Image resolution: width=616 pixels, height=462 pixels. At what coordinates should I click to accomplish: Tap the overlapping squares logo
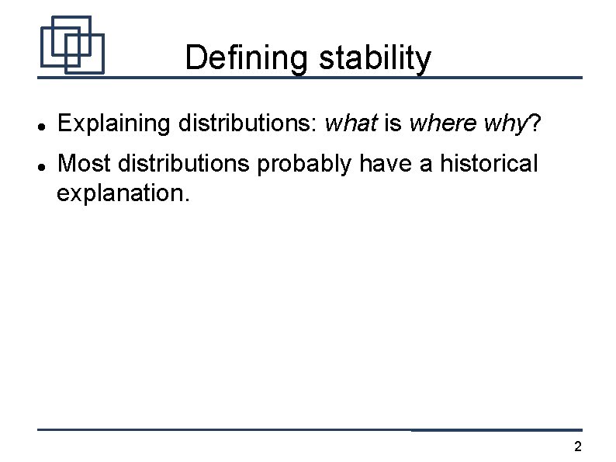tap(72, 45)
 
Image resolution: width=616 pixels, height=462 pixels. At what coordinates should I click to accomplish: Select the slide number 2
tap(577, 446)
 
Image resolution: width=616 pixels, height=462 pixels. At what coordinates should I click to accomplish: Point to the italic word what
tap(351, 123)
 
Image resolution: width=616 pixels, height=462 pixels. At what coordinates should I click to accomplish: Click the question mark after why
tap(534, 123)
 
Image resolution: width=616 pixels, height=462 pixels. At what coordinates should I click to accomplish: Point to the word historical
tap(487, 164)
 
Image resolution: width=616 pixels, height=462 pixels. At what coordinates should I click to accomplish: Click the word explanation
tap(122, 193)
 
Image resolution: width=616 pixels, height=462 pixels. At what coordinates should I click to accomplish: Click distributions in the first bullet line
tap(244, 123)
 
